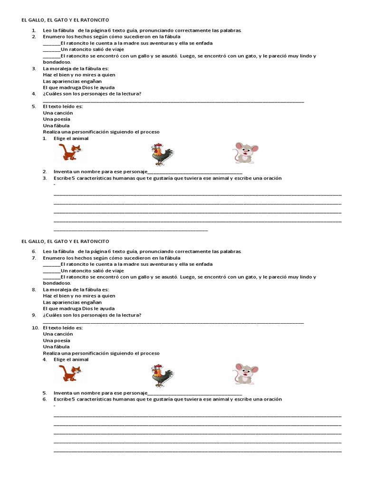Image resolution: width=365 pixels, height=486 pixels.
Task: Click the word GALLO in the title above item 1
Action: (x=37, y=20)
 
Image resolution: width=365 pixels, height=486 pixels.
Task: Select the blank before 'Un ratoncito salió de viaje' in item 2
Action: (x=52, y=50)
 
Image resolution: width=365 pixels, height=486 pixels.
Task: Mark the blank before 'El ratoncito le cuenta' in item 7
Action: (x=52, y=264)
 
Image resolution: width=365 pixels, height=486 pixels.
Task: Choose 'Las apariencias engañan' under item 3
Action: (x=72, y=81)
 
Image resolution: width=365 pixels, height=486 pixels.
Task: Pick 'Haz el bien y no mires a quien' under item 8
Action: (x=79, y=296)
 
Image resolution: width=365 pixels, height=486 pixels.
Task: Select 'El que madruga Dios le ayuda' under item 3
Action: (x=79, y=87)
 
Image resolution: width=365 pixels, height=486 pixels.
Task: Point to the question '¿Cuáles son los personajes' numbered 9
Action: (x=92, y=315)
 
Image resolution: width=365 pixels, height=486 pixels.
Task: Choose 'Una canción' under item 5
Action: (x=58, y=113)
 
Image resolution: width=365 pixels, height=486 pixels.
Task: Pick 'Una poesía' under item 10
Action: (x=57, y=340)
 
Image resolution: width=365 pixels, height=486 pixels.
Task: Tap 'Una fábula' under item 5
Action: (x=56, y=126)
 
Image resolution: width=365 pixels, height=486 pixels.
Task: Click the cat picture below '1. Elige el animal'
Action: (x=69, y=153)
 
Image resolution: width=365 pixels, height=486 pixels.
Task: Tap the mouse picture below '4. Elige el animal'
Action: (x=246, y=374)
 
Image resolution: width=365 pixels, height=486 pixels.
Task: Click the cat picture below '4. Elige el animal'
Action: (x=69, y=374)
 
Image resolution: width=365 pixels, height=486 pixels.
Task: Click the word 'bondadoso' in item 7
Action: (x=56, y=283)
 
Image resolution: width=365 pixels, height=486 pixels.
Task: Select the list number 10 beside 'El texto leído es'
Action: (x=35, y=327)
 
